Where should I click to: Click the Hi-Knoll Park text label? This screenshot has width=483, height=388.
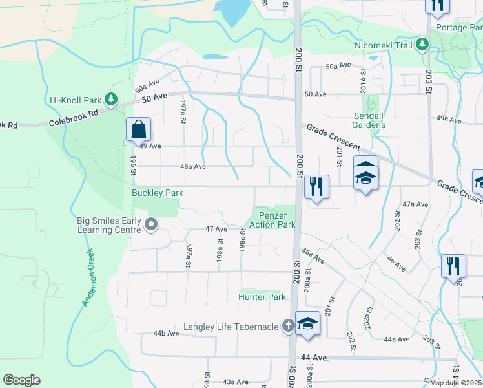[x=76, y=100]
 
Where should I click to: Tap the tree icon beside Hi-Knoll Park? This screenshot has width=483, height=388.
[x=111, y=99]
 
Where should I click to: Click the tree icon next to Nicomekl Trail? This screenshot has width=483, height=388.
[x=422, y=44]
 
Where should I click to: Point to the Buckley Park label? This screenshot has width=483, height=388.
[x=158, y=193]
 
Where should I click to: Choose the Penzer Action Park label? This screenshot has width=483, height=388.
[x=276, y=220]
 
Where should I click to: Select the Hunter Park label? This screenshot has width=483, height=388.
[x=262, y=297]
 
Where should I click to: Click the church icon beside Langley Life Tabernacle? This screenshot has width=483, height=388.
[x=287, y=327]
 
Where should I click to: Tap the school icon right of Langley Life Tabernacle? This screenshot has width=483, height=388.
[x=307, y=324]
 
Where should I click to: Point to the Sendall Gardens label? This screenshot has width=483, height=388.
[x=369, y=120]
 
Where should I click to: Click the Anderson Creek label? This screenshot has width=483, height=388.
[x=88, y=279]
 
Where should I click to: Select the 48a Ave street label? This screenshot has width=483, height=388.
[x=192, y=166]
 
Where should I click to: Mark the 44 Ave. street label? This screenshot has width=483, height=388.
[x=314, y=357]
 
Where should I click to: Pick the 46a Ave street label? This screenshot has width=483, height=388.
[x=313, y=255]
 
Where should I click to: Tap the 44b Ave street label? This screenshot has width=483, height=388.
[x=166, y=334]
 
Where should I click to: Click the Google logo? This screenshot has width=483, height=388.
[x=21, y=380]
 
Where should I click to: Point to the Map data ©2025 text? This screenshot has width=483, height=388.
[x=455, y=383]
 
